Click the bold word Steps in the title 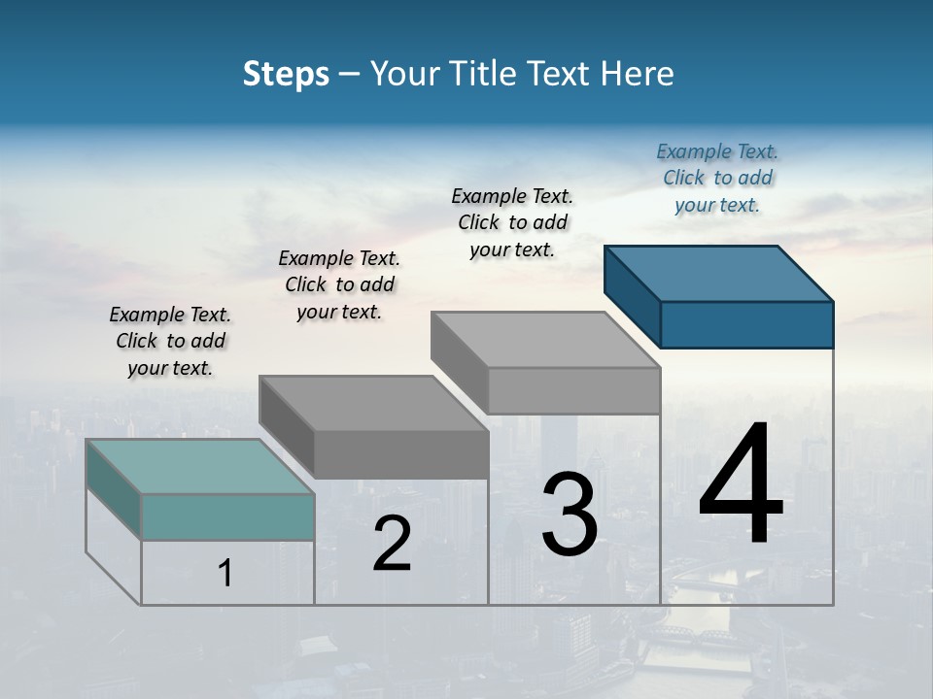286,74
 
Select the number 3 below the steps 569,515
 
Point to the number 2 392,544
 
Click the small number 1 225,573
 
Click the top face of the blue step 719,273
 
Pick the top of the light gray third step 545,339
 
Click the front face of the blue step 746,324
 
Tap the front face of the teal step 227,516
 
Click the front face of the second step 400,454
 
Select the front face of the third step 573,390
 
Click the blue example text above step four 717,178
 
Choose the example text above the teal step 170,341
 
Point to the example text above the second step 339,284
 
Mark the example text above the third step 512,222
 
